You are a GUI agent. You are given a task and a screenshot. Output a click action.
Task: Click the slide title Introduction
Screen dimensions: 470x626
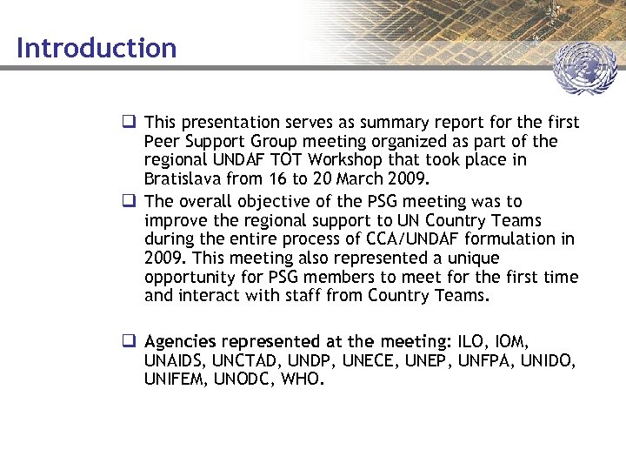point(96,47)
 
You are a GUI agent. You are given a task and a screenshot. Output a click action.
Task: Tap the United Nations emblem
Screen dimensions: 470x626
point(584,69)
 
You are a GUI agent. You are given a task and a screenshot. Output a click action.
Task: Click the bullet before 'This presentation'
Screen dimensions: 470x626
point(129,122)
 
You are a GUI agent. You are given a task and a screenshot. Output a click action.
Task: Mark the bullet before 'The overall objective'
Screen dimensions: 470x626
point(129,201)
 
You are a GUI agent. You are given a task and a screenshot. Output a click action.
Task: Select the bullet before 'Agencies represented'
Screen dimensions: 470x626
point(129,340)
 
